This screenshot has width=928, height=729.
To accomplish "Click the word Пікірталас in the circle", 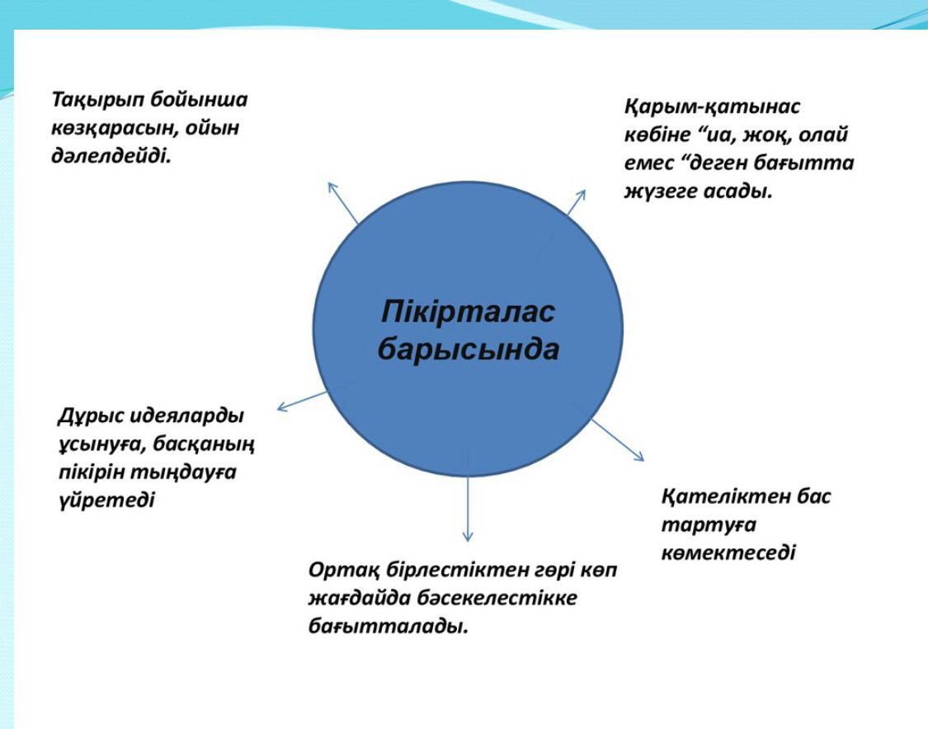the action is click(468, 311).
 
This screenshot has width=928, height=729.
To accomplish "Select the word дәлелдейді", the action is click(111, 156).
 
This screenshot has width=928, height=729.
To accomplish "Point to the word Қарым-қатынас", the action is click(712, 108).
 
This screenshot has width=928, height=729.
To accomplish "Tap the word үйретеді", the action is click(107, 501).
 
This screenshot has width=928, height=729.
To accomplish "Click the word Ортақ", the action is click(343, 571).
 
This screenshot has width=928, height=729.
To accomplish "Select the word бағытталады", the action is click(389, 627).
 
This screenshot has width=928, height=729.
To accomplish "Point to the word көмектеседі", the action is click(728, 553).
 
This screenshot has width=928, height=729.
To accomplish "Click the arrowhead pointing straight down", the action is click(468, 536).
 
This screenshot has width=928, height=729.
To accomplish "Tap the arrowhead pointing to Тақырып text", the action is click(332, 187).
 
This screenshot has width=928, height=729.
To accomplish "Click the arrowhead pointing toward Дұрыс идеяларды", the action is click(282, 406).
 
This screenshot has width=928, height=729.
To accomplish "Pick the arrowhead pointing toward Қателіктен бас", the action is click(638, 455).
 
